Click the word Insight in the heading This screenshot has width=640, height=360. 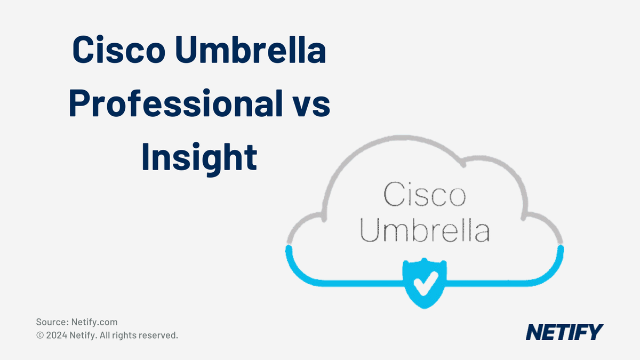click(199, 156)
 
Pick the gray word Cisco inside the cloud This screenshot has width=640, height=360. click(425, 195)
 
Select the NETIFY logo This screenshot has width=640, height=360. click(564, 332)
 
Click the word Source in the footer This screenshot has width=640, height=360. click(51, 322)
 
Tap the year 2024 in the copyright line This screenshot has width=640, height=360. click(57, 335)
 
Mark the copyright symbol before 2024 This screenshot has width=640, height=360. click(40, 336)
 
